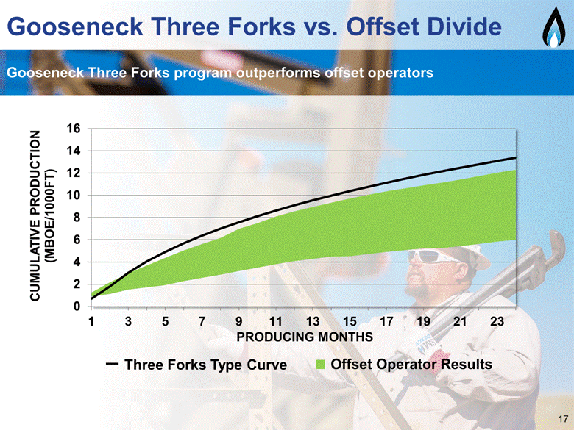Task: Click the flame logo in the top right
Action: [x=553, y=28]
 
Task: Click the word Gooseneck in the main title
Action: [x=75, y=27]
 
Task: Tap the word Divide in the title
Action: [x=461, y=26]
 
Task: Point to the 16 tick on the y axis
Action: [x=73, y=129]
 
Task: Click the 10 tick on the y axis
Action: [x=73, y=196]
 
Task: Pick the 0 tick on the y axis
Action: [x=77, y=306]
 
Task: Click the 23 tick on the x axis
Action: [x=497, y=321]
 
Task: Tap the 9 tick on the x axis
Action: [x=238, y=321]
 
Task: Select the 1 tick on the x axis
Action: [x=91, y=321]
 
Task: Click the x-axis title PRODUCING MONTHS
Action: [x=305, y=337]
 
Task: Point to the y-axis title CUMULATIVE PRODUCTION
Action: [x=35, y=215]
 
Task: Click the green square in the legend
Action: [x=320, y=365]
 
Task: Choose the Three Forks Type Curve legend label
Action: [x=205, y=365]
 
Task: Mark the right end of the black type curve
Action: [x=516, y=157]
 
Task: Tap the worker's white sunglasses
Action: [x=432, y=256]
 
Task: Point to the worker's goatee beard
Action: [x=418, y=290]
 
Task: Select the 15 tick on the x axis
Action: [x=350, y=321]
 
